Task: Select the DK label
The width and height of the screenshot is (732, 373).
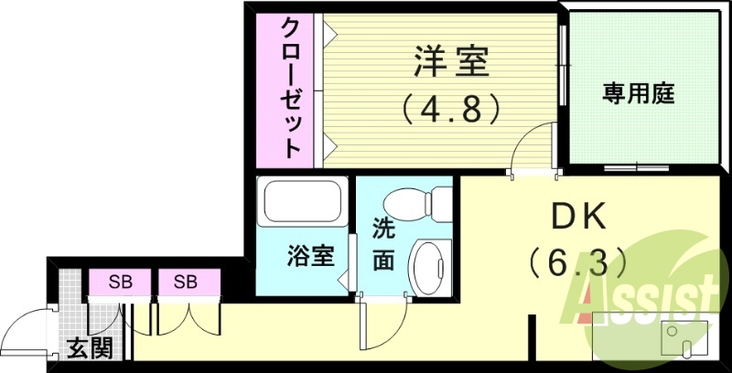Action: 579,218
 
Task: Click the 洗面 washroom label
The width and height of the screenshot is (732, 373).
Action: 383,245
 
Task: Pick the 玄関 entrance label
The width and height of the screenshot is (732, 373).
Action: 89,348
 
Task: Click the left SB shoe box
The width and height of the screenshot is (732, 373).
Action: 119,282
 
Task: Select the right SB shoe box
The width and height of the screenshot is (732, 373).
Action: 188,282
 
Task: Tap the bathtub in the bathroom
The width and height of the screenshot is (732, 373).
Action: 302,202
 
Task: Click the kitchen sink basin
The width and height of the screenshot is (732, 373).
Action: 681,337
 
